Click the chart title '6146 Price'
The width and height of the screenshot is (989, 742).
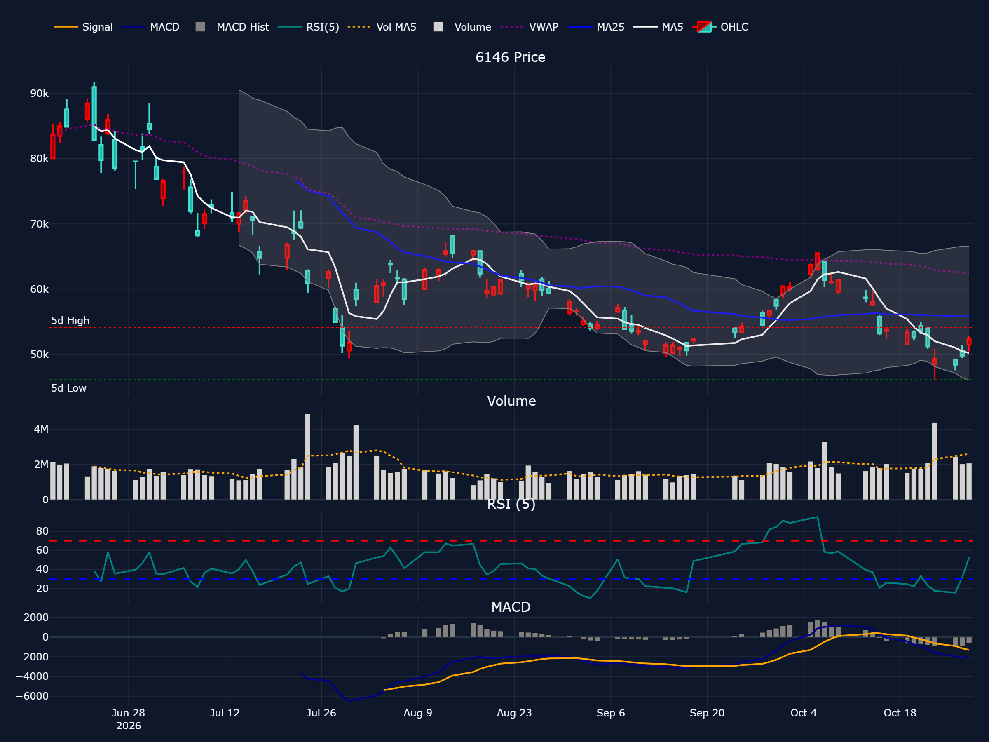click(x=510, y=57)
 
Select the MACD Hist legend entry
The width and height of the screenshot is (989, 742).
click(x=232, y=27)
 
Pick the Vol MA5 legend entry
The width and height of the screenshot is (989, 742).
click(x=382, y=27)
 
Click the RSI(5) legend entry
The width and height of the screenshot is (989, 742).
click(x=308, y=27)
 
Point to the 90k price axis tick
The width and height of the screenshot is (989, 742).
click(x=39, y=94)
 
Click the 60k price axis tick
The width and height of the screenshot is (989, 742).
click(x=39, y=289)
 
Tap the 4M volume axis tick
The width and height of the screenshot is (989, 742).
click(x=41, y=430)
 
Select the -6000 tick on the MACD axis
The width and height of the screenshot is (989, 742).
click(x=32, y=696)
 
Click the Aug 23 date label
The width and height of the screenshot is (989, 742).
click(x=514, y=713)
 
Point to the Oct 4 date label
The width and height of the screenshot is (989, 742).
click(x=804, y=713)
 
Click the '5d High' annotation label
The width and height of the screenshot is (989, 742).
click(x=70, y=321)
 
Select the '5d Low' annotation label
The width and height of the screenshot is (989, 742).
click(x=69, y=388)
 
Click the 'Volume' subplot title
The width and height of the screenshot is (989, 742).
click(x=511, y=401)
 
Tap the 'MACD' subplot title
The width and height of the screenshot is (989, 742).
click(x=511, y=607)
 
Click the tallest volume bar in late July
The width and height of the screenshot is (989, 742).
click(x=307, y=457)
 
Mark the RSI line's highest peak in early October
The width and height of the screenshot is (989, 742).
click(x=818, y=517)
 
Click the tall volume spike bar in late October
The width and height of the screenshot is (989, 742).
click(x=935, y=461)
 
